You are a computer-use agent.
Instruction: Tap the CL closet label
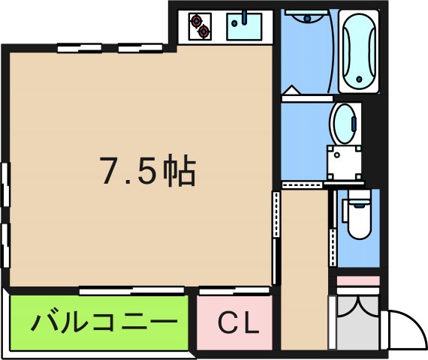[x=239, y=324]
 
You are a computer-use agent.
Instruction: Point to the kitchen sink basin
[x=243, y=27]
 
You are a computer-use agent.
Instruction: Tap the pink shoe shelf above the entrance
[x=357, y=282]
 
